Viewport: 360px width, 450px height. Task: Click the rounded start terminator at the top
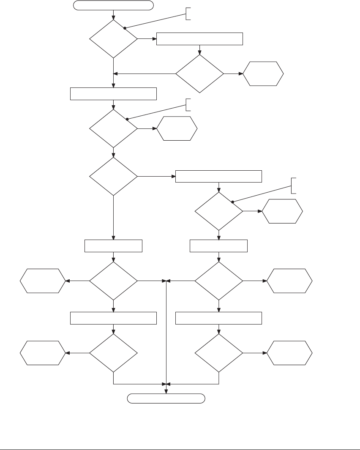[x=113, y=5]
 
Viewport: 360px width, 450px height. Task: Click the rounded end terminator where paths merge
[x=166, y=398]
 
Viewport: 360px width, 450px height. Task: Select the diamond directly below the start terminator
[x=114, y=39]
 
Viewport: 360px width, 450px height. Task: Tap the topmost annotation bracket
[x=187, y=14]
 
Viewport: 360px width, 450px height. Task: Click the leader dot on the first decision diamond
[x=125, y=28]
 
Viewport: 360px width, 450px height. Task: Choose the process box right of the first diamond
[x=199, y=39]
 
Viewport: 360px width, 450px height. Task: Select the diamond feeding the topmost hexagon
[x=199, y=74]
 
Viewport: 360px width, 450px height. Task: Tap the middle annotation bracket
[x=187, y=105]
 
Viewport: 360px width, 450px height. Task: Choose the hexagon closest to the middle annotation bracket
[x=177, y=128]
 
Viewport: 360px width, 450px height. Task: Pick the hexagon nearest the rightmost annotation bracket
[x=283, y=210]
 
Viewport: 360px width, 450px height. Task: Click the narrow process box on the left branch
[x=114, y=245]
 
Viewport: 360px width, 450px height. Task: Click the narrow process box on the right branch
[x=219, y=245]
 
